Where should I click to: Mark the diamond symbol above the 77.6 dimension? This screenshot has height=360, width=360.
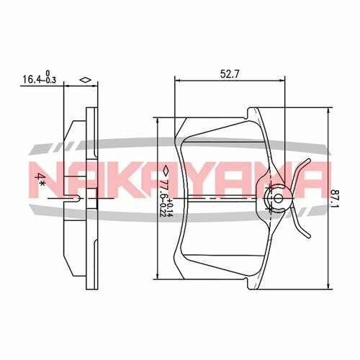165,171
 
